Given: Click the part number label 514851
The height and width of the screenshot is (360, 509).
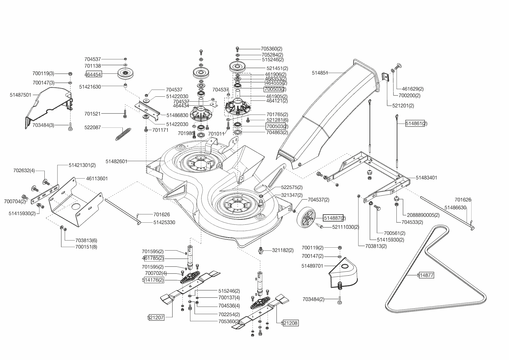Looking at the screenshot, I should (320, 73).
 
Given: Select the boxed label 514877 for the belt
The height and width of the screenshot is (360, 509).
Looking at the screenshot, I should (426, 275).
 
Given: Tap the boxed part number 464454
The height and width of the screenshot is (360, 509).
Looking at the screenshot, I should (93, 75).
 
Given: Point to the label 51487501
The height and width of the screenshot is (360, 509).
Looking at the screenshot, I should (20, 95).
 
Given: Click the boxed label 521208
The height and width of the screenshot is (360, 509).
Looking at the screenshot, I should (290, 323).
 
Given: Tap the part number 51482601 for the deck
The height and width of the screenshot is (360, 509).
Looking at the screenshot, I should (116, 161).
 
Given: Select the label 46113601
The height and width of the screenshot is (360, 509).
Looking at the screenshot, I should (97, 179).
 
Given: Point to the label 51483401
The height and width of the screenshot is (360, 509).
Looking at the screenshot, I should (426, 178).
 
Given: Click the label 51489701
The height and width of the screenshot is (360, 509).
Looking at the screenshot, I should (312, 266).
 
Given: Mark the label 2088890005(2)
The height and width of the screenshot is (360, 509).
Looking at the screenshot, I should (423, 215).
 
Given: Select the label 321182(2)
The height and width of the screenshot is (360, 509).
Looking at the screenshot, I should (283, 250).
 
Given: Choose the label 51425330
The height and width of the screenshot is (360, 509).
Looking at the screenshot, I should (164, 222).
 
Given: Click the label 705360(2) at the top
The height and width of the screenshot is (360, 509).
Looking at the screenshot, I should (272, 49).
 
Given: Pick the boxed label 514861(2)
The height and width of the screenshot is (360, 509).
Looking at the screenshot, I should (416, 123).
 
